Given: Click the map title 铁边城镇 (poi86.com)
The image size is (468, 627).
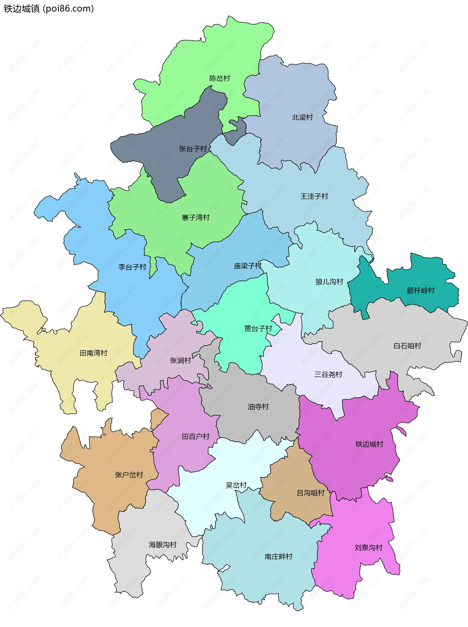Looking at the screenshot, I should pos(49,9).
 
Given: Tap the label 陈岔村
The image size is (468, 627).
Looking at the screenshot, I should pos(220,78).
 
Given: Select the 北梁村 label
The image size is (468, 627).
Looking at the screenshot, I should pos(302,117).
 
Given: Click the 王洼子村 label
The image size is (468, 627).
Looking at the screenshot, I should pos(314,196).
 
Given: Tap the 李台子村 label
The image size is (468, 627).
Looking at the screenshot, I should pos(132,267).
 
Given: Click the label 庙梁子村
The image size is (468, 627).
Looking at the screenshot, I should pos(248,266).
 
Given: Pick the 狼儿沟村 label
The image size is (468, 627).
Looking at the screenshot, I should pos(329,281).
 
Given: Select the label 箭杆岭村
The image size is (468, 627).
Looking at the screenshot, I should pos(421,290).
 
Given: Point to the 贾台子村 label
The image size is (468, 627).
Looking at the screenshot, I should pos(258,328).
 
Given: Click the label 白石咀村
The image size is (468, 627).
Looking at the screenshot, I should pos(407,346).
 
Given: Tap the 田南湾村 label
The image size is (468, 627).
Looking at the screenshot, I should pos(94,353).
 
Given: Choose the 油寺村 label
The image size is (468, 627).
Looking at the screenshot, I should pos(258,407).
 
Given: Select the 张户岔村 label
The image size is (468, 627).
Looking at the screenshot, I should pos(129,475).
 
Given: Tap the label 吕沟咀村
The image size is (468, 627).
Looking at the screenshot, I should pos(311,493).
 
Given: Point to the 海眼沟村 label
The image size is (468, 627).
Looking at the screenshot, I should pos(163,545).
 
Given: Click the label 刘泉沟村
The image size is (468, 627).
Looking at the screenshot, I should pos(368,548).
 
